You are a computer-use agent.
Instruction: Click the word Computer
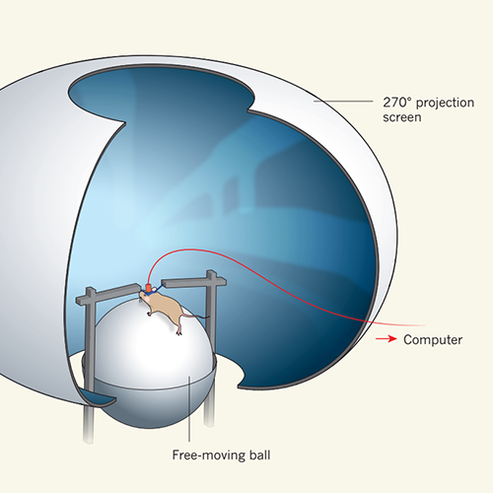tap(433, 339)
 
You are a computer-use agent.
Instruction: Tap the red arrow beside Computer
tap(387, 339)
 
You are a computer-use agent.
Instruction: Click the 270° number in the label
tap(396, 103)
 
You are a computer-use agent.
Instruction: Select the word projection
tap(445, 104)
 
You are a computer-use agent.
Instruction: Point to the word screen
tap(402, 117)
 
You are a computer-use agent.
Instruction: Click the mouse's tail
tap(196, 316)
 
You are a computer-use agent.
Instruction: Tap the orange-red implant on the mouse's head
tap(149, 288)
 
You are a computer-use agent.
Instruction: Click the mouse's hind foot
tap(179, 332)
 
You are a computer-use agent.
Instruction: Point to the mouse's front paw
tap(149, 315)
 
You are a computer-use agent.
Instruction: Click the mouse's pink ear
tap(148, 300)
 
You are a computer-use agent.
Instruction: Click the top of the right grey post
tap(211, 273)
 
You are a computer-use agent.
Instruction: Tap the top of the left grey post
tap(91, 290)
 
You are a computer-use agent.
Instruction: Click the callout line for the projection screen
tap(343, 102)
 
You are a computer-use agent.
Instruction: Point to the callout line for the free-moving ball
tap(189, 408)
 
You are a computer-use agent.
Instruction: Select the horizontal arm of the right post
tap(194, 282)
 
